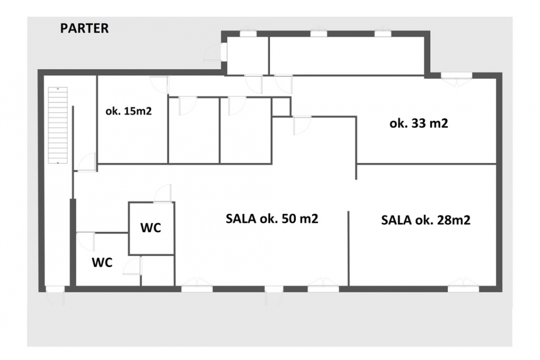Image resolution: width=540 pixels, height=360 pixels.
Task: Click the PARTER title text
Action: [x=84, y=28]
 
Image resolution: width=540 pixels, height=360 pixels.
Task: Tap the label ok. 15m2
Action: [x=128, y=111]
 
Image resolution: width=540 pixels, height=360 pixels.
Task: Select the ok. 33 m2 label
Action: [x=418, y=123]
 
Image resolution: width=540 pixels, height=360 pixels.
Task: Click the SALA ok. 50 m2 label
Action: [x=272, y=218]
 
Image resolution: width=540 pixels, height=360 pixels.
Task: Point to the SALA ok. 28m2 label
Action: [x=426, y=220]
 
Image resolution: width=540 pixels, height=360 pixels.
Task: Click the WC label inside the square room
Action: [x=151, y=228]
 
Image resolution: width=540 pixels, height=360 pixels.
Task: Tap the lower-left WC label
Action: [x=102, y=263]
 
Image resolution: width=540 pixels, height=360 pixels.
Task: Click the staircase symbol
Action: [x=57, y=125]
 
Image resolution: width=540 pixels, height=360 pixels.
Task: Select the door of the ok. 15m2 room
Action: [x=160, y=84]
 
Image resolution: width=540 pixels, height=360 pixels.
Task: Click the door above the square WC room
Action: [x=163, y=193]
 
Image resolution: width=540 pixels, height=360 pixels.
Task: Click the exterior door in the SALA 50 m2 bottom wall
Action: [x=274, y=295]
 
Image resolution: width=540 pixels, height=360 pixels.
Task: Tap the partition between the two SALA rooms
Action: [x=349, y=249]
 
